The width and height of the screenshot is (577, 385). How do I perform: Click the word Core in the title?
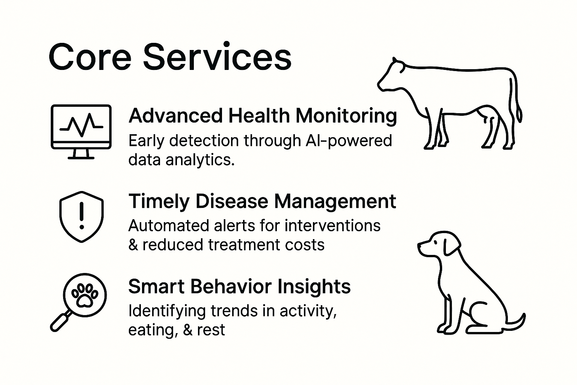coord(90,57)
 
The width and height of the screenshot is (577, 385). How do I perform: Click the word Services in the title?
coord(217,56)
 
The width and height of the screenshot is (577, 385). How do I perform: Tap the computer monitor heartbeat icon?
coord(81,132)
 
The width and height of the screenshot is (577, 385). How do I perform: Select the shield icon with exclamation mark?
coord(82,217)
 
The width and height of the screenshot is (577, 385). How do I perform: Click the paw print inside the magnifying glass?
coord(85,296)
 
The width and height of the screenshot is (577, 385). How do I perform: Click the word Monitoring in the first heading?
coord(346,117)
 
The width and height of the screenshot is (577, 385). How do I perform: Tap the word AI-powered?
coord(349,142)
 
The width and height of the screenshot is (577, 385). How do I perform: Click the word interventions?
coord(332,226)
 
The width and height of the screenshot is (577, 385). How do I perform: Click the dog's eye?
coord(435,242)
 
